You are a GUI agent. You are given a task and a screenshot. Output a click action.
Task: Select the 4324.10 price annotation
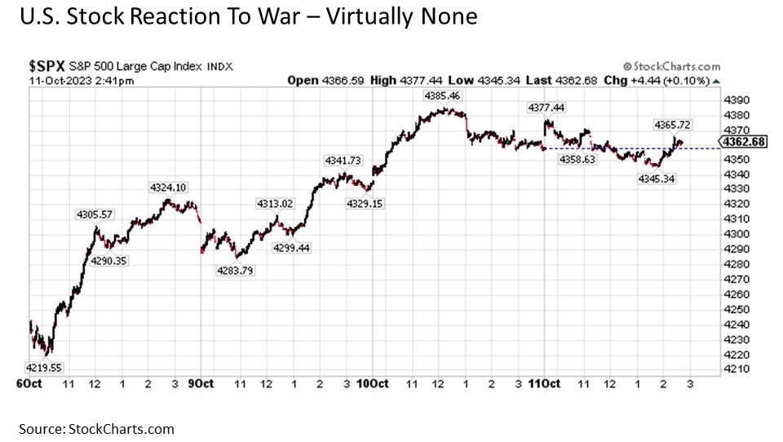pyautogui.click(x=169, y=188)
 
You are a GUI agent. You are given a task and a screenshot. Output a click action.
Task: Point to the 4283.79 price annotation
pyautogui.click(x=235, y=271)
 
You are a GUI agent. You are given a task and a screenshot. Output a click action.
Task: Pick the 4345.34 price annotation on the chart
pyautogui.click(x=657, y=178)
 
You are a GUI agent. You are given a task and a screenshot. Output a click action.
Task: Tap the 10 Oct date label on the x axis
pyautogui.click(x=372, y=384)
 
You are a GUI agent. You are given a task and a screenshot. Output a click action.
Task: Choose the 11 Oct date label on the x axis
pyautogui.click(x=543, y=384)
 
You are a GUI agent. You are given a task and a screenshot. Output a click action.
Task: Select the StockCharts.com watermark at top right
pyautogui.click(x=671, y=66)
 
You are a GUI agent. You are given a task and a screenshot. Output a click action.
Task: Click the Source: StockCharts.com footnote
pyautogui.click(x=97, y=429)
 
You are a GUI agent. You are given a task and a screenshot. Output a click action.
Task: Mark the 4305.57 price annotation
pyautogui.click(x=95, y=214)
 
